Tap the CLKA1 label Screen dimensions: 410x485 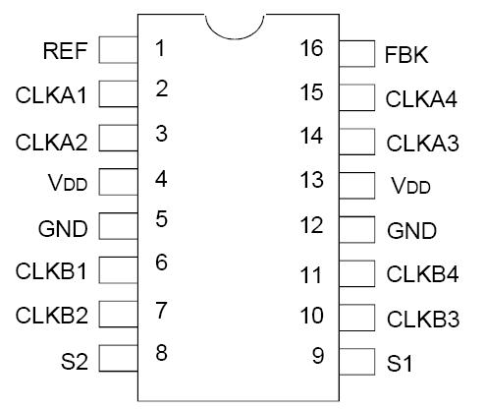[51, 95]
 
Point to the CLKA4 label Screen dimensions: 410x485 [422, 99]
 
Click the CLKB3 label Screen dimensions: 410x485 [422, 320]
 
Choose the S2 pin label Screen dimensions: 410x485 [74, 361]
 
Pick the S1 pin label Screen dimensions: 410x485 [401, 364]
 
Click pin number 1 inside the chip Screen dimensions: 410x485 [161, 47]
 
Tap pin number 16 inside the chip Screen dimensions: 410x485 [311, 48]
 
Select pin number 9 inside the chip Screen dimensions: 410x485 [317, 356]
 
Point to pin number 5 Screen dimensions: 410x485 [161, 218]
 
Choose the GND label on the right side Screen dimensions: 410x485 [411, 232]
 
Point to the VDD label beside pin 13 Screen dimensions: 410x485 [411, 186]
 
